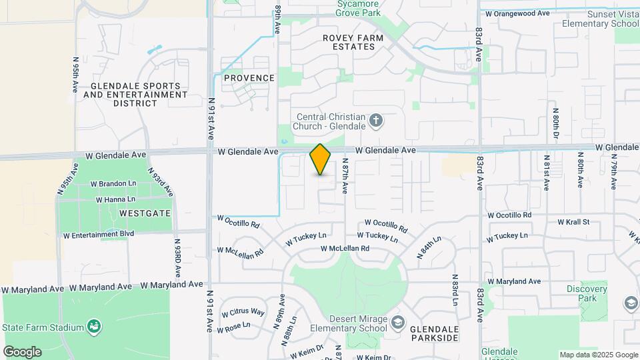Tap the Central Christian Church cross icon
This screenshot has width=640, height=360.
(376, 121)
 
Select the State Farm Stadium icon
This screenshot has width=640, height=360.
(95, 327)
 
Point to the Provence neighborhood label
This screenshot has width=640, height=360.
(249, 78)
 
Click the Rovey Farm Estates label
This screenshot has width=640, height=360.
(353, 43)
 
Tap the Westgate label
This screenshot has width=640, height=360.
(145, 213)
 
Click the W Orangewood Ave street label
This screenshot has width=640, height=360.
(517, 13)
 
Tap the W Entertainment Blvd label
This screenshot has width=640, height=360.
(99, 235)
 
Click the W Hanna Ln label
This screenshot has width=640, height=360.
(115, 199)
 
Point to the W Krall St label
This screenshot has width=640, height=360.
(573, 221)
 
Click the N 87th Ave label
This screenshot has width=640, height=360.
(345, 176)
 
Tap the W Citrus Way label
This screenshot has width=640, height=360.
(243, 313)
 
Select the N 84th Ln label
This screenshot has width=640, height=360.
(429, 247)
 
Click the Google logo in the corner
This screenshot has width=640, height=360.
(22, 351)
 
